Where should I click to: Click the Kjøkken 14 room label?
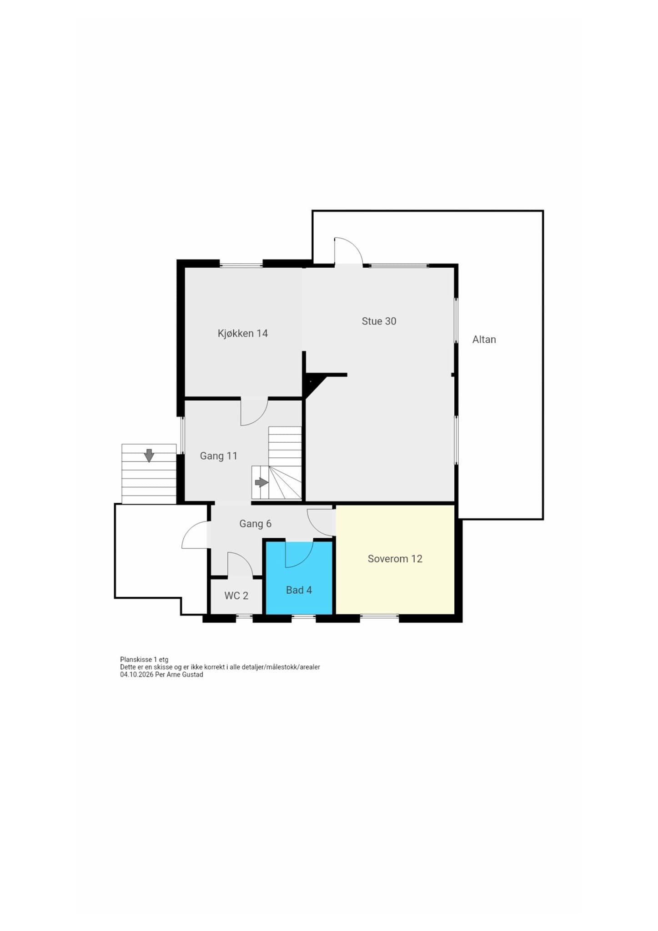click(x=242, y=333)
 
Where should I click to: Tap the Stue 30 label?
click(x=379, y=321)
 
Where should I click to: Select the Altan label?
click(x=484, y=339)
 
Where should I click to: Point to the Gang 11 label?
click(x=219, y=455)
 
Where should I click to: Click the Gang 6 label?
click(x=255, y=524)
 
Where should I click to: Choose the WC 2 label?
click(x=236, y=596)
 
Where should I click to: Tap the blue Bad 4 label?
click(x=299, y=590)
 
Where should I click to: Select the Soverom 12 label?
click(x=395, y=559)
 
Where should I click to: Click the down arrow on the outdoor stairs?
click(x=149, y=455)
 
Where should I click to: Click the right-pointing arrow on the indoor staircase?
click(x=261, y=482)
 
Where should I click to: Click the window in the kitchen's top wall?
click(x=241, y=264)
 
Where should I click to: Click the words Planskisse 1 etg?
click(x=144, y=660)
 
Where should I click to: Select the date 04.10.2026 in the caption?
click(x=136, y=675)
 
